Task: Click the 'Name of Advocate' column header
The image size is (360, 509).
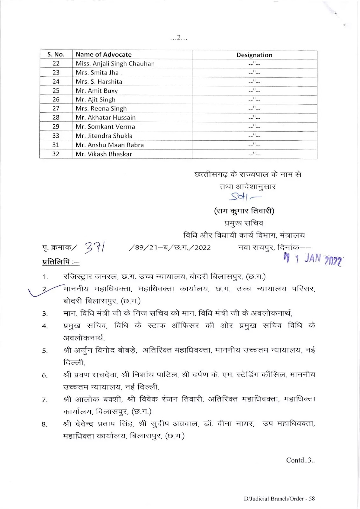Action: click(x=103, y=54)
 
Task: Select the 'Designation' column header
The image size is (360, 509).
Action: click(x=254, y=55)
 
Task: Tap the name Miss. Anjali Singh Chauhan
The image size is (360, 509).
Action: click(x=115, y=64)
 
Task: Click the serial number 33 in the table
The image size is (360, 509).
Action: click(x=56, y=136)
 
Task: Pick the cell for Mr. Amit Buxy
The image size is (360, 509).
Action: click(x=97, y=91)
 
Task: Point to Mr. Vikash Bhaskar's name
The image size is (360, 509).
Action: click(x=104, y=154)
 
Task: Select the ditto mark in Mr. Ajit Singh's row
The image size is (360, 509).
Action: click(x=254, y=100)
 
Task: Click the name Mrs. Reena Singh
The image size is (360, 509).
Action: click(x=101, y=109)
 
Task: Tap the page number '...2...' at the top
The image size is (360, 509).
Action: click(x=178, y=38)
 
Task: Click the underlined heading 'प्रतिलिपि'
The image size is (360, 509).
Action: click(x=60, y=262)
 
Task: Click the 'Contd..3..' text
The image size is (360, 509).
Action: click(x=300, y=460)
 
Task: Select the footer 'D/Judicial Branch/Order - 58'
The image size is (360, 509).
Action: click(x=279, y=499)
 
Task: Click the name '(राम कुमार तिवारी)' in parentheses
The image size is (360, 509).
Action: click(x=244, y=211)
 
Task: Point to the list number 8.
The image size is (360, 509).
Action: click(x=45, y=424)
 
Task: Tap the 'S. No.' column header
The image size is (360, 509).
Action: click(x=56, y=54)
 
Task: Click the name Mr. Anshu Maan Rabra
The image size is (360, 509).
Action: click(x=109, y=145)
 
